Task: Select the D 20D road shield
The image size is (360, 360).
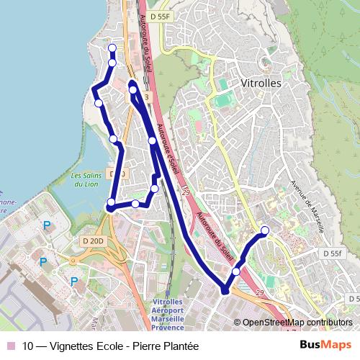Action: pos(93,240)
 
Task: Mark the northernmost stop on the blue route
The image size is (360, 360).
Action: pos(112,48)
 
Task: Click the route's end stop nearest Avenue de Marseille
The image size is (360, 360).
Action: pos(265,230)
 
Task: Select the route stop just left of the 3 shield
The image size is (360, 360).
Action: pos(133,91)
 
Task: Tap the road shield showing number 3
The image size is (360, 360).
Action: pos(146,96)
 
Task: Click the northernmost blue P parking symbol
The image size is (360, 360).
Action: pos(47,225)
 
